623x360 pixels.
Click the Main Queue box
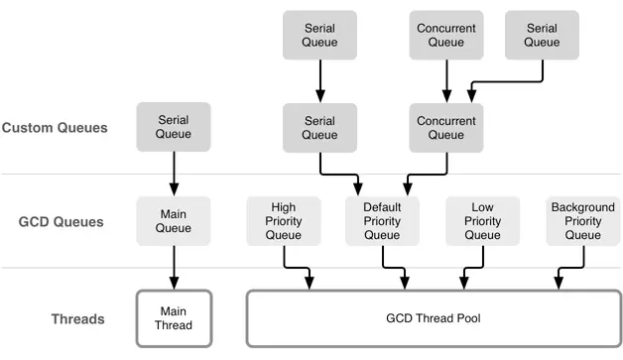pyautogui.click(x=174, y=221)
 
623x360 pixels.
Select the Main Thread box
pyautogui.click(x=174, y=318)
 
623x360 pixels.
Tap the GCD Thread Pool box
pyautogui.click(x=434, y=318)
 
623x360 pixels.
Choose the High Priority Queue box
pyautogui.click(x=284, y=221)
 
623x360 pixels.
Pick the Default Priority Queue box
pyautogui.click(x=382, y=221)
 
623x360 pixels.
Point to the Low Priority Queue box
pyautogui.click(x=483, y=221)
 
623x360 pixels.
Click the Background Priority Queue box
pyautogui.click(x=583, y=221)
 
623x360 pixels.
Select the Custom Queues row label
pyautogui.click(x=55, y=128)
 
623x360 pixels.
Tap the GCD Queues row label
pyautogui.click(x=62, y=222)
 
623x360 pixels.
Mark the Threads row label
pyautogui.click(x=77, y=319)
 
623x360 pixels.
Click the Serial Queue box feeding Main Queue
pyautogui.click(x=174, y=127)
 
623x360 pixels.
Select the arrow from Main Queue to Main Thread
pyautogui.click(x=174, y=268)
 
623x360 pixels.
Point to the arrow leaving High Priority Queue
pyautogui.click(x=296, y=268)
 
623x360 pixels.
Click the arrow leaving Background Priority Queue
pyautogui.click(x=571, y=268)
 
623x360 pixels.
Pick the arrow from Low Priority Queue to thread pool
pyautogui.click(x=473, y=268)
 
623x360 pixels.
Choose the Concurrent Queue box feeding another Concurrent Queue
pyautogui.click(x=446, y=36)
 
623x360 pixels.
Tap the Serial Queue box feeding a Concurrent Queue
pyautogui.click(x=542, y=36)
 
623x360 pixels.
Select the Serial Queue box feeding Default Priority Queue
pyautogui.click(x=319, y=128)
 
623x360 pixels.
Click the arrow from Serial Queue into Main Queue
pyautogui.click(x=174, y=174)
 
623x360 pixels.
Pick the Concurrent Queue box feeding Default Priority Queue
pyautogui.click(x=446, y=128)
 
